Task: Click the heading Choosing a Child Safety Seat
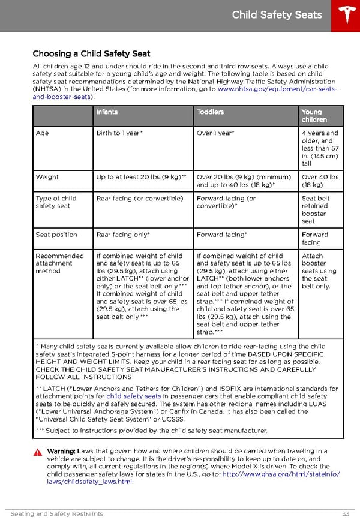pyautogui.click(x=91, y=54)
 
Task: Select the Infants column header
pyautogui.click(x=107, y=112)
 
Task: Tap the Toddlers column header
pyautogui.click(x=210, y=112)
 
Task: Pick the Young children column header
pyautogui.click(x=312, y=116)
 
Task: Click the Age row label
pyautogui.click(x=42, y=133)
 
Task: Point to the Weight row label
pyautogui.click(x=47, y=177)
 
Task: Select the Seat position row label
pyautogui.click(x=56, y=235)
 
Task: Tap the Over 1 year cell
pyautogui.click(x=215, y=133)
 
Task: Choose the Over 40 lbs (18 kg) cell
pyautogui.click(x=320, y=181)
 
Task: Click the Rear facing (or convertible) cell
pyautogui.click(x=139, y=199)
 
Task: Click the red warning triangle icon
pyautogui.click(x=38, y=452)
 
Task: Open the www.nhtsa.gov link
pyautogui.click(x=277, y=89)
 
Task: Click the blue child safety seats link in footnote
pyautogui.click(x=133, y=396)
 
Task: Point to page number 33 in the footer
pyautogui.click(x=346, y=514)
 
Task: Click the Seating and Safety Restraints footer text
pyautogui.click(x=57, y=514)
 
